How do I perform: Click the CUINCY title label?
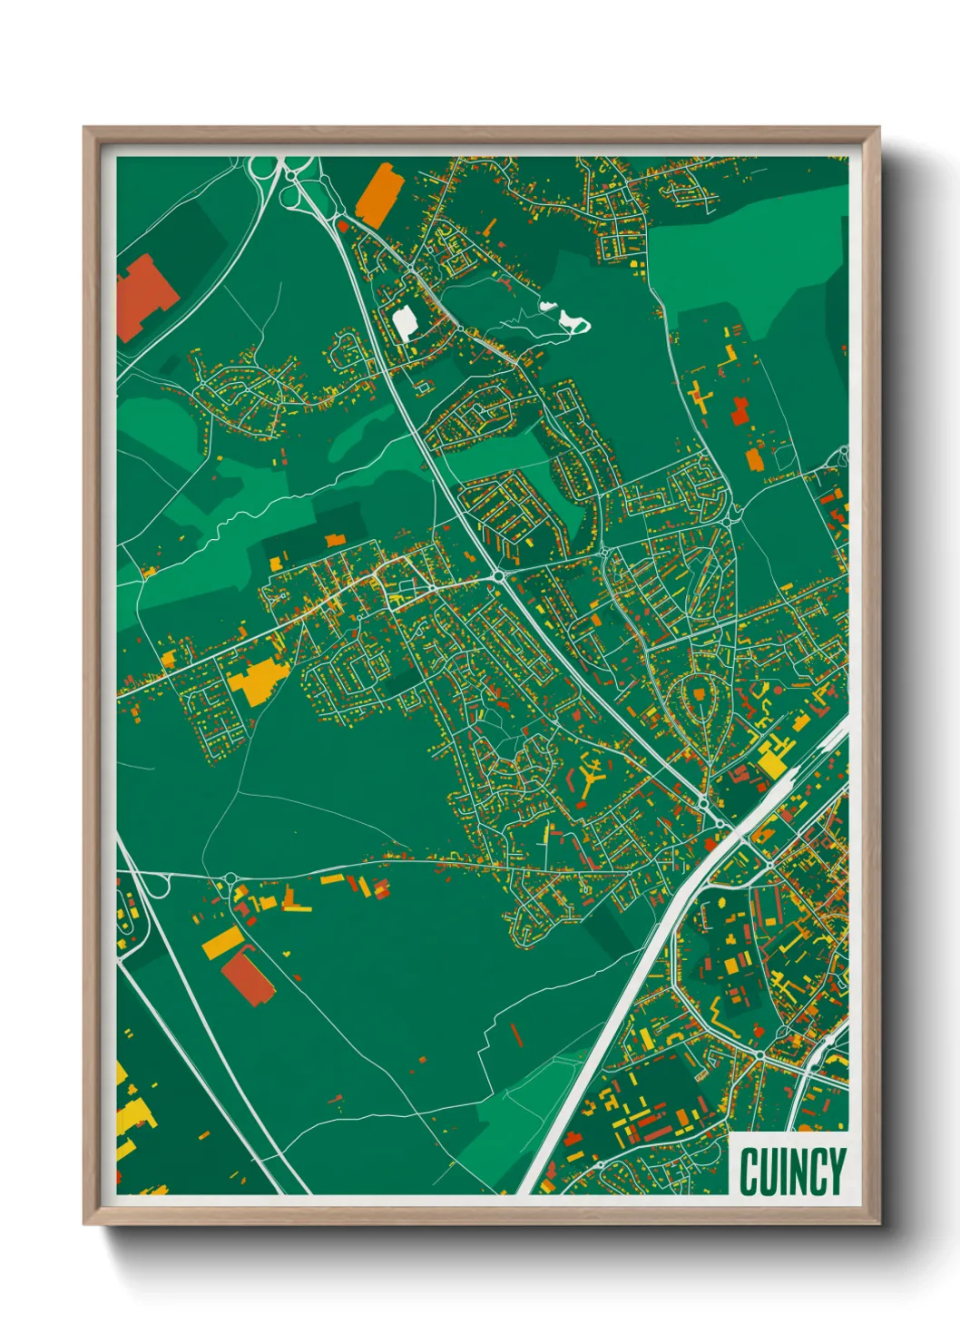pos(792,1171)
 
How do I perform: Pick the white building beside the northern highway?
pos(404,322)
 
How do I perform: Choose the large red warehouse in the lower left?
pos(247,977)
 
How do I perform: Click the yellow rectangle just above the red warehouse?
pos(222,943)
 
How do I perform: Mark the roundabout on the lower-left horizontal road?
pos(230,878)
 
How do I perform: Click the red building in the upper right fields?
pos(740,411)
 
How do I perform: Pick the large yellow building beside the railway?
pos(772,760)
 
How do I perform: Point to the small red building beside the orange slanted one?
pos(343,225)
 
